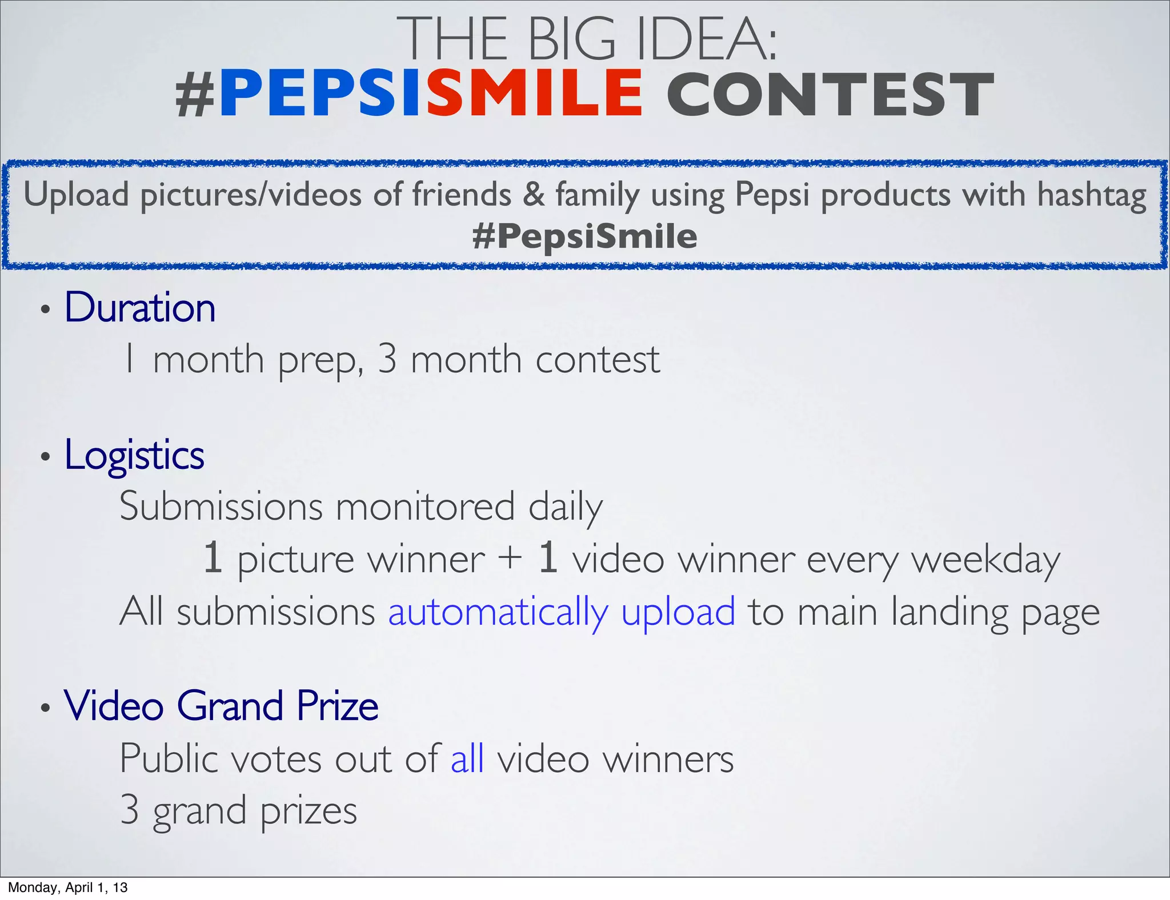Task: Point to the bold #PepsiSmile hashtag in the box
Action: point(584,236)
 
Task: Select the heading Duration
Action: point(140,307)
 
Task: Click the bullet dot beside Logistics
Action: point(46,457)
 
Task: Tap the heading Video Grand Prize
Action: point(221,706)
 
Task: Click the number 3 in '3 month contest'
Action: point(387,359)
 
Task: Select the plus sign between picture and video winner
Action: point(510,558)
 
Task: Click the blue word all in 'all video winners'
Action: point(467,758)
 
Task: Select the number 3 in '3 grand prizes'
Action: point(130,810)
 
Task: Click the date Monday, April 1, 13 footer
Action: point(67,887)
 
